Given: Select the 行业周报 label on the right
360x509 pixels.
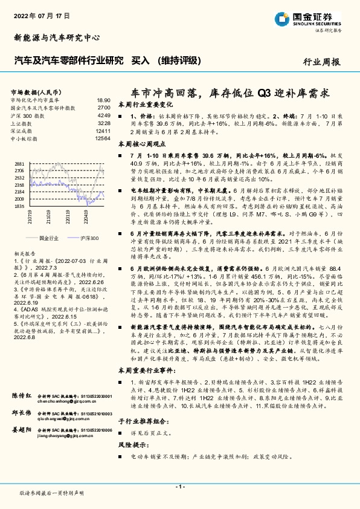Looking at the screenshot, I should coord(321,62).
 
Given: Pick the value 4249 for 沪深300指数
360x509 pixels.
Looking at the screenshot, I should coord(103,115).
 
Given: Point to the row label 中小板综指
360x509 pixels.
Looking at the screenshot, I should coord(24,138).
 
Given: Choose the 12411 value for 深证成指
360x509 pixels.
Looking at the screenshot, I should coord(102,131).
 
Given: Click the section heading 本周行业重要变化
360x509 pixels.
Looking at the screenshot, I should coord(144,105).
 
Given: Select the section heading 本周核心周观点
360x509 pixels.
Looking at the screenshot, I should coord(142,144).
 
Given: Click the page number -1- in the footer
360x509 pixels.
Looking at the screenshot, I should coord(179,486).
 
